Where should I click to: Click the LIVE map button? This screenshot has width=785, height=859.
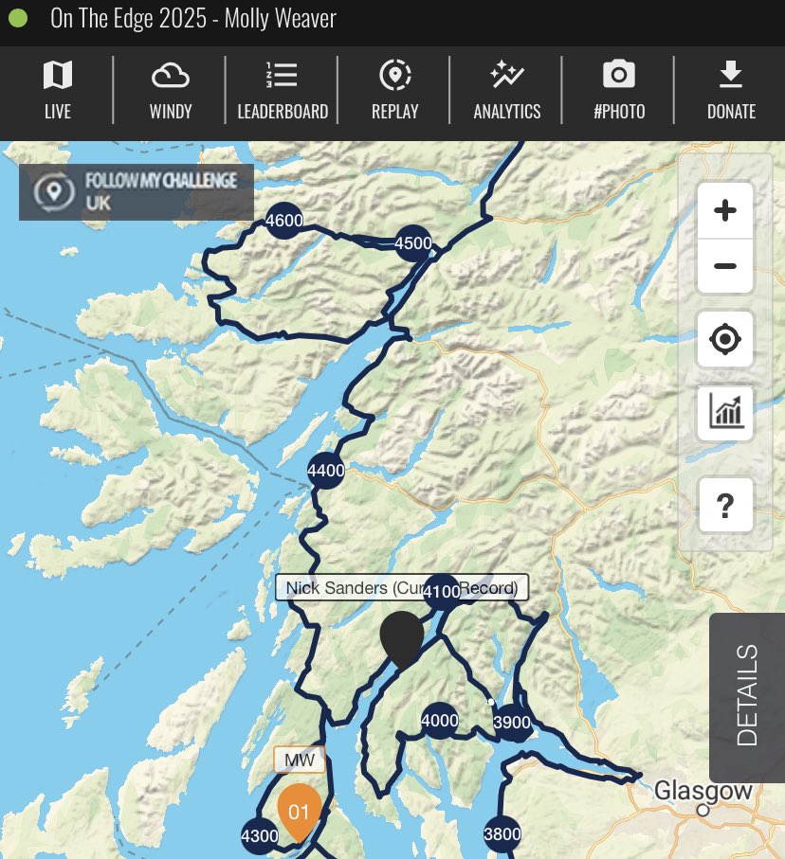pos(57,90)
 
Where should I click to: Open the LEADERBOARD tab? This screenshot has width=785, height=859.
pos(283,90)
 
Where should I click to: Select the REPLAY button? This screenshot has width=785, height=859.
pos(394,90)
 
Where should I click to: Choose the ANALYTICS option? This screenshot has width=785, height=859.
pos(506,90)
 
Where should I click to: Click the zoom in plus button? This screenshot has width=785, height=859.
pos(725,210)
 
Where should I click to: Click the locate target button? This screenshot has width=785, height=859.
pos(725,338)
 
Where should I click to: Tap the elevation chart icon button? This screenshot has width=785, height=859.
pos(725,413)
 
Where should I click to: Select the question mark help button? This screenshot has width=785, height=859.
pos(725,506)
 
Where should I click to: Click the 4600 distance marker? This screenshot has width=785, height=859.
pos(284,222)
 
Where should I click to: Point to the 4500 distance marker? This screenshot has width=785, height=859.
pos(413,242)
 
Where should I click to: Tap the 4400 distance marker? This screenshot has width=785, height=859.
pos(326,470)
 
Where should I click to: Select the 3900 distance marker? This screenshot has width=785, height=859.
pos(513,724)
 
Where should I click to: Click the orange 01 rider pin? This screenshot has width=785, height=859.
pos(299,810)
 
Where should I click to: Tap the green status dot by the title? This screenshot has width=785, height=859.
pos(18,19)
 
